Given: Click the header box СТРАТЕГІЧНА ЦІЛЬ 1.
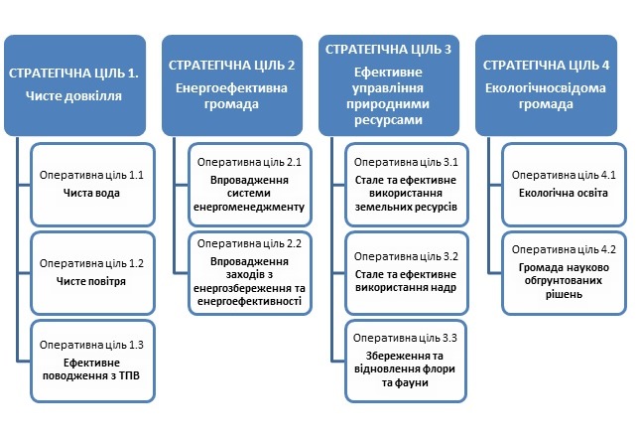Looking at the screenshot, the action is [75, 85].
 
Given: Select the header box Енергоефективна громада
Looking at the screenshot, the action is [232, 85].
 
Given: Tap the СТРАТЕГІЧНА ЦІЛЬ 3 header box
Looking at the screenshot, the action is [389, 85].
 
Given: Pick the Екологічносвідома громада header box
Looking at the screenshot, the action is [546, 85].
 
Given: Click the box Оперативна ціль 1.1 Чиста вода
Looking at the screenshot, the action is [92, 185].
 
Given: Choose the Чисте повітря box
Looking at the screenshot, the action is [92, 273].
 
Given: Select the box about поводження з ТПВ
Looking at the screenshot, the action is [92, 362].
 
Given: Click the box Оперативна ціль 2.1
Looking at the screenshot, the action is [250, 185].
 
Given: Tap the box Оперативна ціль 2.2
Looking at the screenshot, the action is [250, 273].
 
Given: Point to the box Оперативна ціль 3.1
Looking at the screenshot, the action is [407, 185].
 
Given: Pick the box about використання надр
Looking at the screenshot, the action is [407, 273].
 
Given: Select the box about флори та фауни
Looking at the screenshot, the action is [406, 362].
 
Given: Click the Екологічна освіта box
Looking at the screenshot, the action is [564, 185].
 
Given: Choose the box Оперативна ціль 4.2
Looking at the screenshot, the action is [564, 273].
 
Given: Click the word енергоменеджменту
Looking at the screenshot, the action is [249, 208].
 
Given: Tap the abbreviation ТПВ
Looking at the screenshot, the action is [130, 375].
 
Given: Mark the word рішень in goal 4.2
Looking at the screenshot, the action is [564, 294].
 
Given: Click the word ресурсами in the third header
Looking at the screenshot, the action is [388, 120].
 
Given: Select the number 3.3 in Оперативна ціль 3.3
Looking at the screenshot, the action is [449, 338].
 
